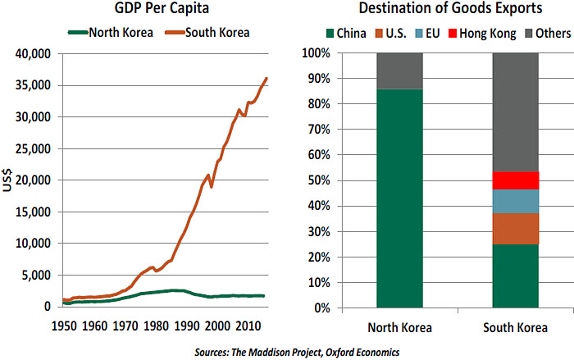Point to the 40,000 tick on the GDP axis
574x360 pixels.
[x=31, y=54]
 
